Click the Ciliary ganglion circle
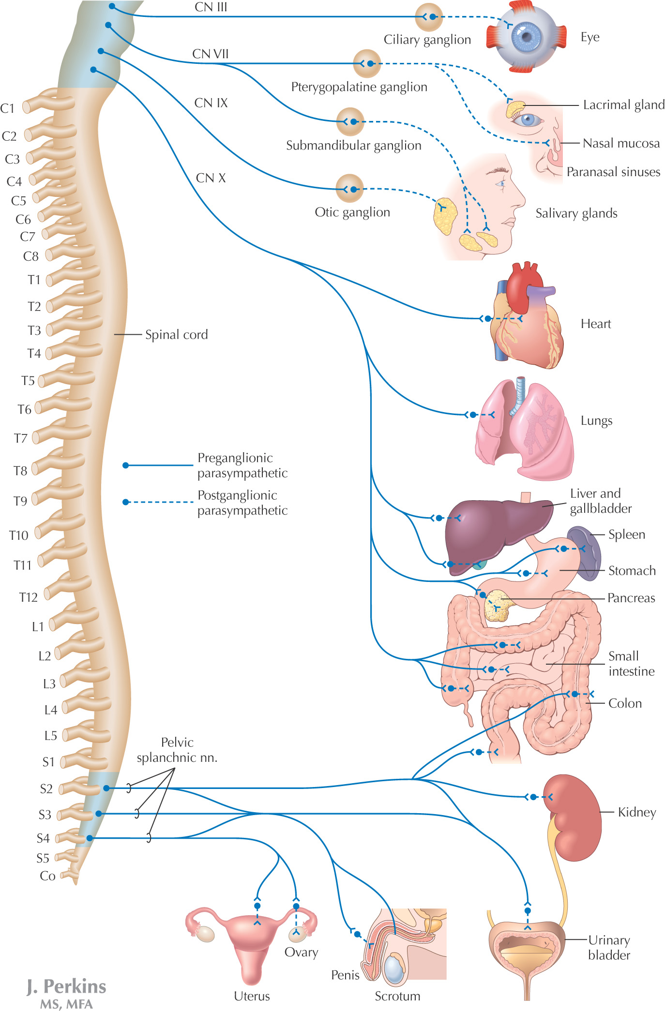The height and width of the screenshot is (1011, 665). (429, 17)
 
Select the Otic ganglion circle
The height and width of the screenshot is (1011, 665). (349, 189)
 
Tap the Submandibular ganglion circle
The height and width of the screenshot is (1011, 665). (350, 121)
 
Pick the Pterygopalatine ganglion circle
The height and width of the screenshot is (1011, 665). (367, 63)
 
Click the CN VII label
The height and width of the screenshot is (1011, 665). (210, 54)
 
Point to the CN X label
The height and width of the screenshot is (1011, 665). (211, 178)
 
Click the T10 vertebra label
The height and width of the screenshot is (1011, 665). (19, 535)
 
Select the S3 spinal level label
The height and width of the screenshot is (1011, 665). (45, 815)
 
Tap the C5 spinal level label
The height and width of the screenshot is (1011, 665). (18, 201)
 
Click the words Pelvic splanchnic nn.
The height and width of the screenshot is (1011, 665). (177, 750)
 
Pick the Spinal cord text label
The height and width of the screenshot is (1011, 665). (176, 335)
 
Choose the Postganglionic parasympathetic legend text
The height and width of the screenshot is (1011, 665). (242, 503)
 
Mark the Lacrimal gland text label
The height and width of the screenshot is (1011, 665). (623, 105)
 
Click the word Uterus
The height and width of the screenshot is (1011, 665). (252, 996)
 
